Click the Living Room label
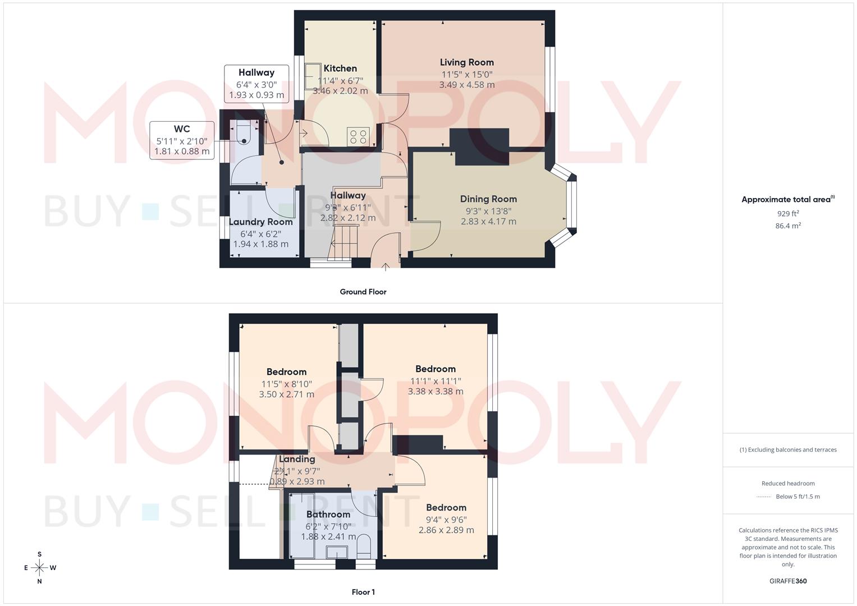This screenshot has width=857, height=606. pyautogui.click(x=466, y=62)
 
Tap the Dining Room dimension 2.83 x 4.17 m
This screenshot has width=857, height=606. pyautogui.click(x=488, y=222)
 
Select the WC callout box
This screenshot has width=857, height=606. pyautogui.click(x=182, y=140)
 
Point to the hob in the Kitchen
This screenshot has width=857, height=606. pyautogui.click(x=358, y=136)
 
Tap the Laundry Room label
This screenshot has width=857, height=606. pyautogui.click(x=260, y=222)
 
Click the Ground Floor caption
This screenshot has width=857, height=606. pyautogui.click(x=363, y=292)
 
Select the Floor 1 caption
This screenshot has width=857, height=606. pyautogui.click(x=363, y=592)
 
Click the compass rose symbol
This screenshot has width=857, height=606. pyautogui.click(x=39, y=568)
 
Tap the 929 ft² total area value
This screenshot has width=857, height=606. pyautogui.click(x=788, y=214)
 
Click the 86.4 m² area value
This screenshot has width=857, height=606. pyautogui.click(x=788, y=226)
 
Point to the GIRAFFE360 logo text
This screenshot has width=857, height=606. pyautogui.click(x=788, y=581)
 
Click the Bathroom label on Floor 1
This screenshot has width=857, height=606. pyautogui.click(x=328, y=515)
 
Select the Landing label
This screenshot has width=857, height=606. pyautogui.click(x=297, y=459)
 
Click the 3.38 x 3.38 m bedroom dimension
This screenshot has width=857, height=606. pyautogui.click(x=436, y=392)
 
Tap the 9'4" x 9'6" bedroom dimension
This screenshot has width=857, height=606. pyautogui.click(x=446, y=520)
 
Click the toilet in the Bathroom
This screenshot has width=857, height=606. pyautogui.click(x=364, y=544)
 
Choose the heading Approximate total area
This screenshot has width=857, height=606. pyautogui.click(x=787, y=200)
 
